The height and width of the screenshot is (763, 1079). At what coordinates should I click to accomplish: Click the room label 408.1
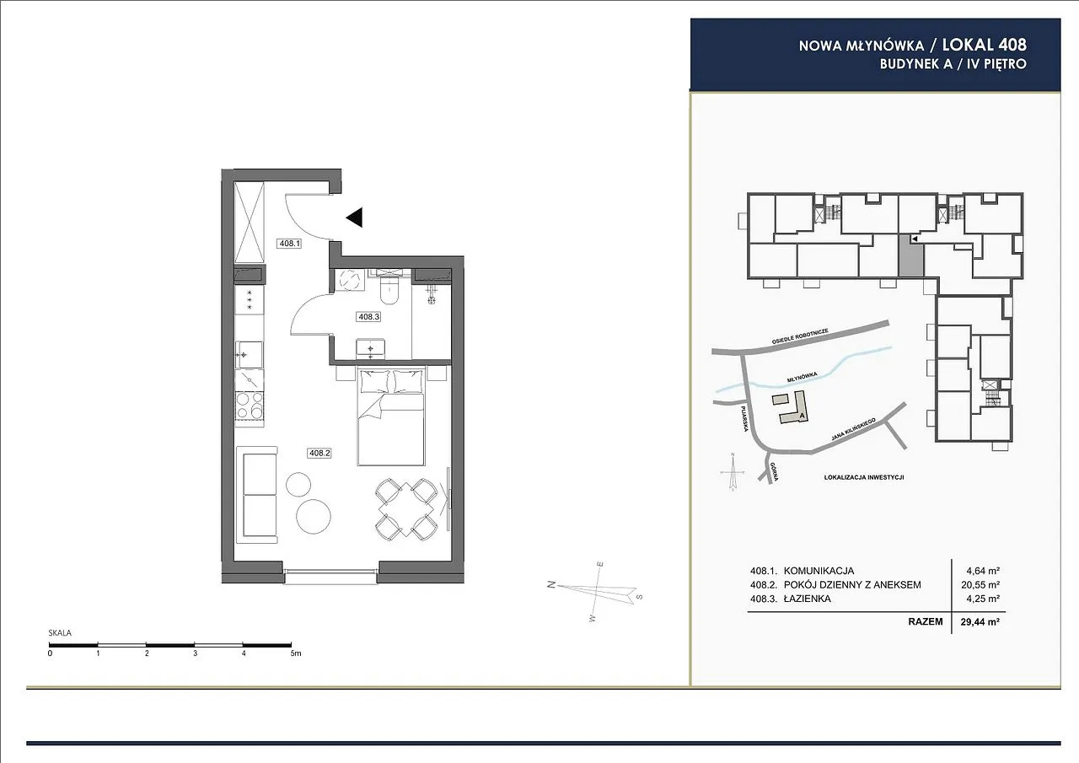click(x=289, y=244)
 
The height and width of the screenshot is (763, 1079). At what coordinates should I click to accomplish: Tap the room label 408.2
click(x=319, y=453)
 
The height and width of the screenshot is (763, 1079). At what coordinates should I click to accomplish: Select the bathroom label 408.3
click(x=369, y=316)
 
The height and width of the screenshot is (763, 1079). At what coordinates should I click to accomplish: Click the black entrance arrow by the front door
click(x=355, y=218)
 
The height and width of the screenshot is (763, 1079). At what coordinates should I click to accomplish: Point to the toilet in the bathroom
click(x=389, y=288)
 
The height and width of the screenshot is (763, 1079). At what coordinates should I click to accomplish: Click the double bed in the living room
click(x=392, y=416)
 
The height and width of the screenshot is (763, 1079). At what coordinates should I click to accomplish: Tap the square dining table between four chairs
click(x=406, y=508)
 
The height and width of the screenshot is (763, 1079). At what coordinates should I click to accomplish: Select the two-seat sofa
click(x=257, y=495)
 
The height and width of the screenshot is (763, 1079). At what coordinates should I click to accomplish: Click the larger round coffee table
click(x=313, y=516)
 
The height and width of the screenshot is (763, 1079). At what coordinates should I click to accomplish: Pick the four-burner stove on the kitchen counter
click(x=250, y=404)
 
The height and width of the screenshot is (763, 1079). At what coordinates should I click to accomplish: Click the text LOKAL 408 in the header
click(x=984, y=45)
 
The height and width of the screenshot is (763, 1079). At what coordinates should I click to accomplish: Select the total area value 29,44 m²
click(x=980, y=622)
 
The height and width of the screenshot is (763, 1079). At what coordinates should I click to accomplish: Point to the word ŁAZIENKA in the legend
click(x=808, y=599)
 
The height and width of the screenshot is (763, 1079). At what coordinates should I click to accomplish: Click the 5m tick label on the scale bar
click(x=295, y=653)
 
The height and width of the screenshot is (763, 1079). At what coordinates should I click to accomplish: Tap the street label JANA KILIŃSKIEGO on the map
click(x=853, y=430)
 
